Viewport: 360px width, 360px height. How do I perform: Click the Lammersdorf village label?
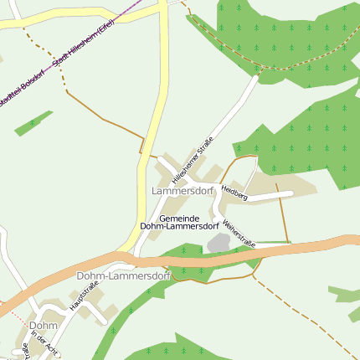tap(183, 191)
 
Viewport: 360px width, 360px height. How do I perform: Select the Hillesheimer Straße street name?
tap(193, 160)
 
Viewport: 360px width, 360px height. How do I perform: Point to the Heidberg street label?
tap(234, 193)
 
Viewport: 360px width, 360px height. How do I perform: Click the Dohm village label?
tap(42, 325)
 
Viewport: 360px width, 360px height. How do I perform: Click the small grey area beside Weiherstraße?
tap(219, 243)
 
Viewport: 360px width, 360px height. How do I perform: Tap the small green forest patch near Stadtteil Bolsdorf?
tap(33, 122)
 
